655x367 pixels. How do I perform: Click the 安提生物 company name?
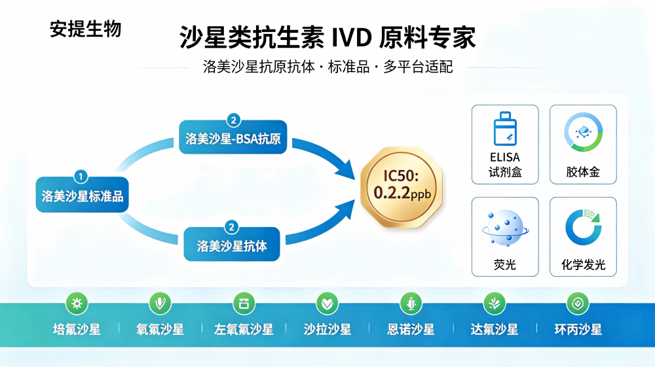[x=86, y=29]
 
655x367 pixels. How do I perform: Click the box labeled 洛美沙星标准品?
[x=83, y=195]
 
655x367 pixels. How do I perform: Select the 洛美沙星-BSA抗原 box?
[x=233, y=137]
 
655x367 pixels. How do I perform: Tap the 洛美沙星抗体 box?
[x=232, y=245]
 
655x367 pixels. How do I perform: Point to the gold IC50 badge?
[x=402, y=187]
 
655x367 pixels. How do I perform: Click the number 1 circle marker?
[x=81, y=177]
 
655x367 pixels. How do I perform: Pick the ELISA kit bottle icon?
[x=505, y=128]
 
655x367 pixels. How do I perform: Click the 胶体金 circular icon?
[x=583, y=132]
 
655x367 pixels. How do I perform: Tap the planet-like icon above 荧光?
[x=505, y=228]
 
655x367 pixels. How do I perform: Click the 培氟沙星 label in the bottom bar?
[x=77, y=330]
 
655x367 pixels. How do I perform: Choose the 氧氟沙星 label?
[x=160, y=330]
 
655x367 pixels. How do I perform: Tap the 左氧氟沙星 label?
[x=244, y=330]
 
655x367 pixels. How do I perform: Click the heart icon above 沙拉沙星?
[x=327, y=303]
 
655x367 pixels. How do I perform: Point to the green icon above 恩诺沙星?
[x=411, y=303]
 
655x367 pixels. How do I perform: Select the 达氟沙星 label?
[x=495, y=330]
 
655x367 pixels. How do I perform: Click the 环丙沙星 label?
[x=578, y=330]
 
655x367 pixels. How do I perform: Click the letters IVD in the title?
[x=352, y=37]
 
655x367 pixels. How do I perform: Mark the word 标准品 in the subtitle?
[x=349, y=67]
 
